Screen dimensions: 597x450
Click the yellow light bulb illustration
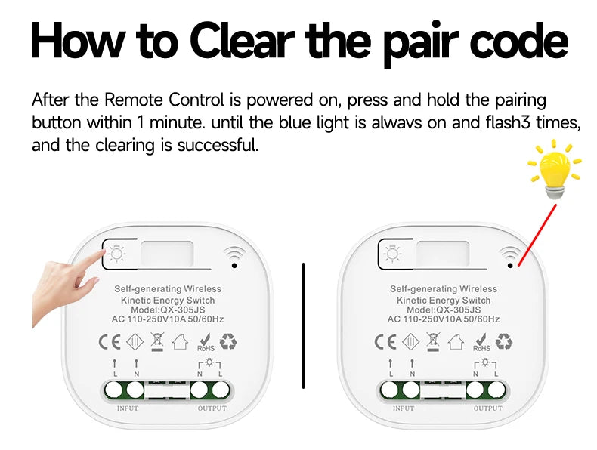[x=555, y=168]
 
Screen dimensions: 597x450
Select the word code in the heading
[x=519, y=40]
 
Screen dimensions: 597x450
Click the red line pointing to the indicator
[x=537, y=235]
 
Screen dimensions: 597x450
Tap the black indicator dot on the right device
[x=510, y=266]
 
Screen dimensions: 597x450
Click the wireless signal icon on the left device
[x=234, y=257]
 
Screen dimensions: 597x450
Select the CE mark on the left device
[x=110, y=341]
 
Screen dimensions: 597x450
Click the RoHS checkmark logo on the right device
[x=481, y=342]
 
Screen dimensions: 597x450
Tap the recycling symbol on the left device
[x=228, y=341]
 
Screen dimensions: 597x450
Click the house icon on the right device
[x=456, y=341]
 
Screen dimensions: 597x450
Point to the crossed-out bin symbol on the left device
[x=157, y=341]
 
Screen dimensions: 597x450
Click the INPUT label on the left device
[x=128, y=408]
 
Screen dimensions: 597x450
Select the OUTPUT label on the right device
[x=488, y=408]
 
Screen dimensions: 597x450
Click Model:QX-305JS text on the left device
[x=168, y=310]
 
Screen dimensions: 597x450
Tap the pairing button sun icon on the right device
[x=392, y=254]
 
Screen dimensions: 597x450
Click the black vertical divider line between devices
[x=304, y=325]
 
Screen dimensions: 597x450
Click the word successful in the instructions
[x=218, y=145]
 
